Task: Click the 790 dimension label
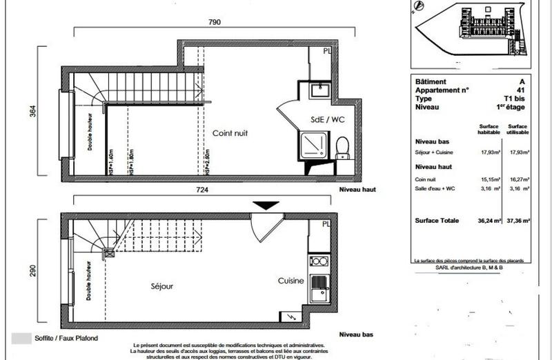214,22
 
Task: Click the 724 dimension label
201,189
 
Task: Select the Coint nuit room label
230,133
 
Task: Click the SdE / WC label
326,119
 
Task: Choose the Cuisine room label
290,281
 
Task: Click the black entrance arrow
266,206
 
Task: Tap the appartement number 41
521,90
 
